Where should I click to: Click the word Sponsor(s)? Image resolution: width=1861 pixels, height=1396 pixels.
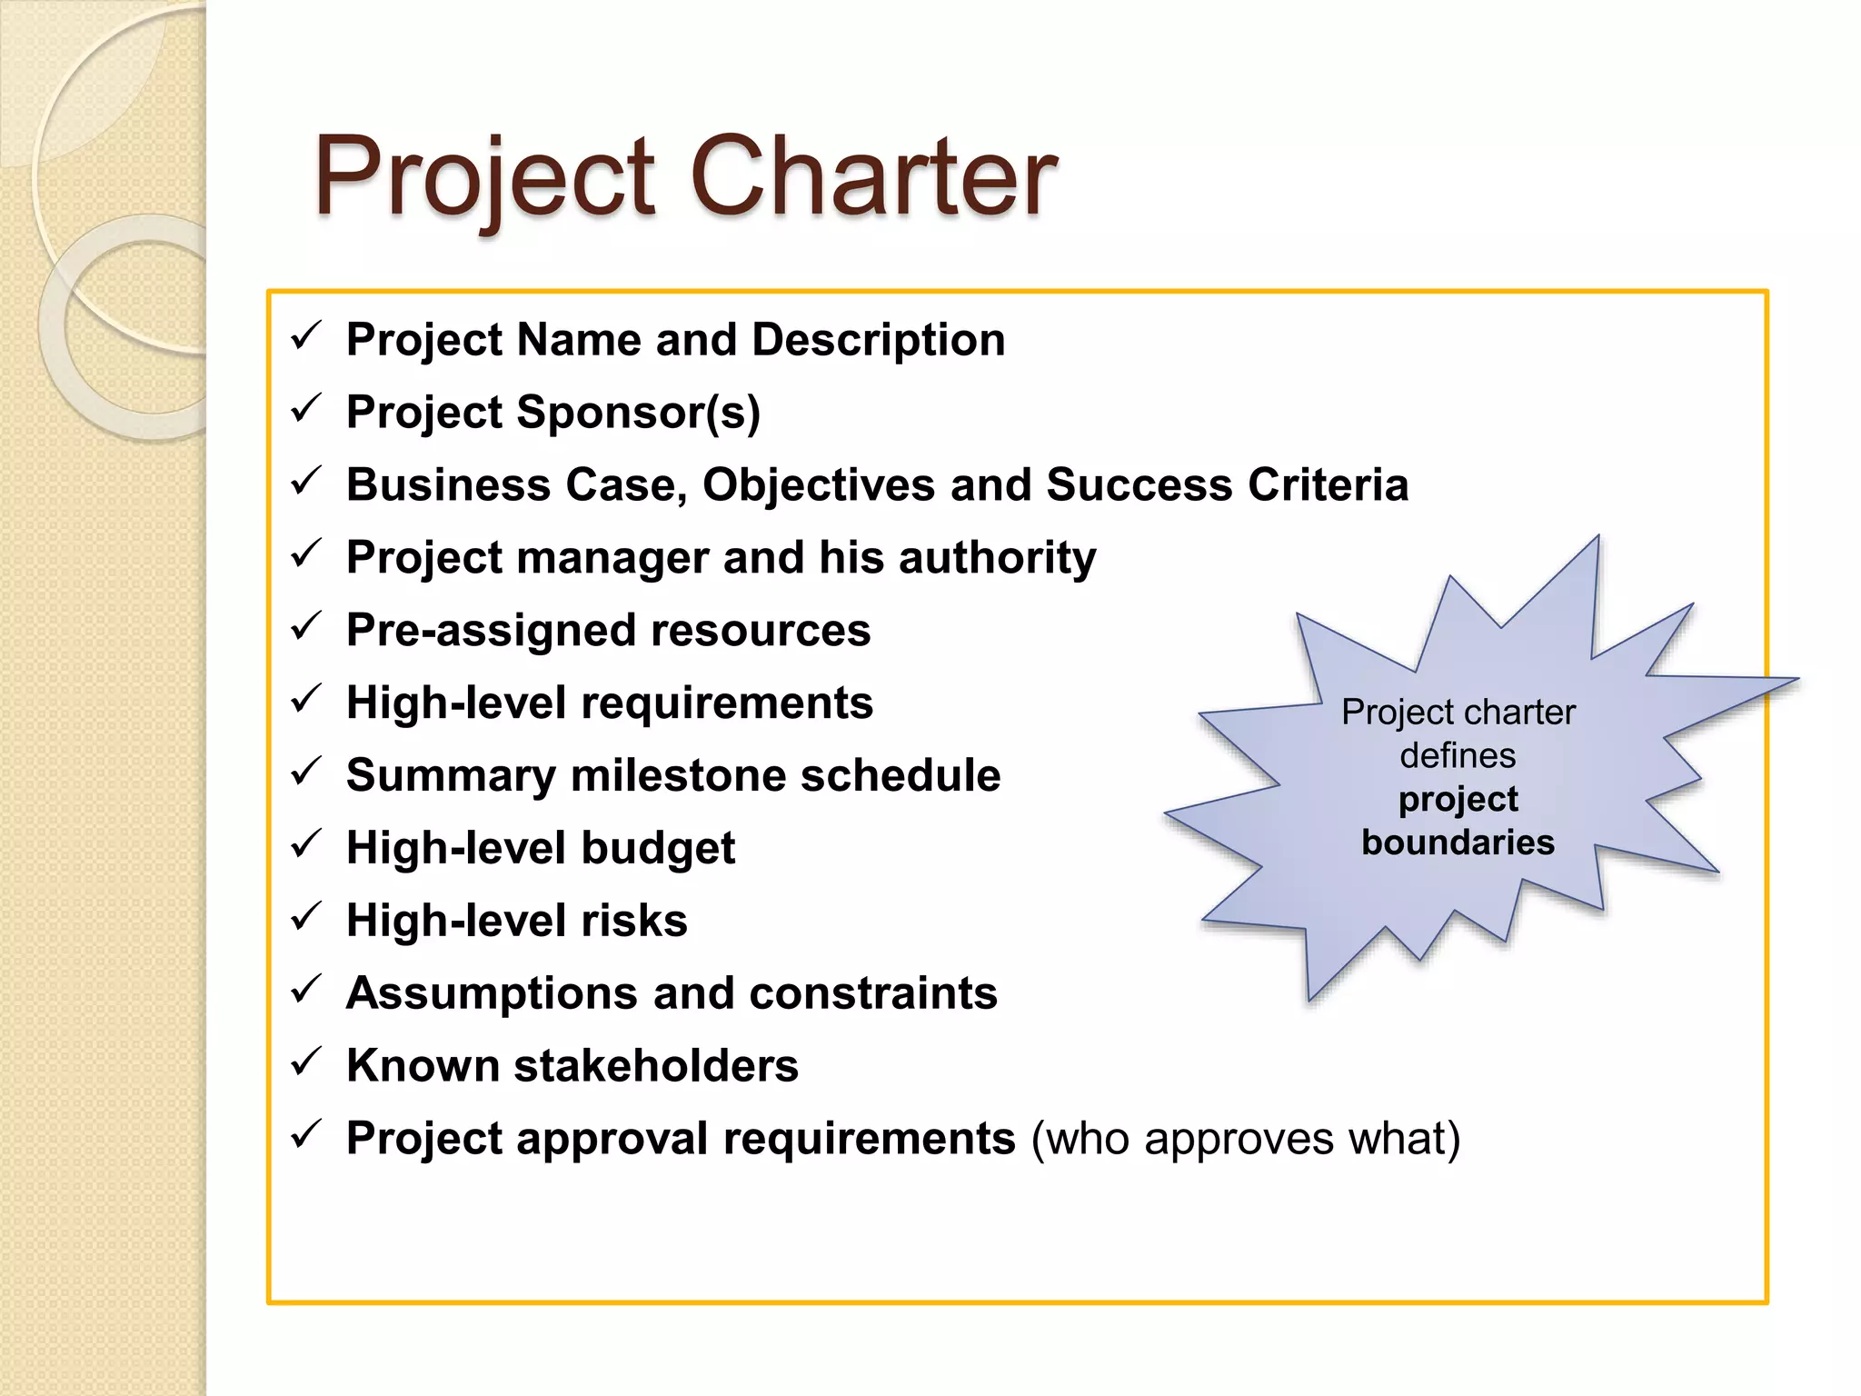point(638,413)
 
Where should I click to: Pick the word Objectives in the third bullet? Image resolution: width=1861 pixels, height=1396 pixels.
point(818,484)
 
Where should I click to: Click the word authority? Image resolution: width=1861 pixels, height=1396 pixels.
point(997,557)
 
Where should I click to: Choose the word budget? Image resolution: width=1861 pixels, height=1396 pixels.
point(657,848)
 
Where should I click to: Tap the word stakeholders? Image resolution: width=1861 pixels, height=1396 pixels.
point(655,1065)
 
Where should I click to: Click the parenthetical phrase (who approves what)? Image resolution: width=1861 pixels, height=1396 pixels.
point(1245,1138)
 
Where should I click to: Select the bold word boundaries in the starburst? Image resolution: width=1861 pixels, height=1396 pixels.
point(1458,843)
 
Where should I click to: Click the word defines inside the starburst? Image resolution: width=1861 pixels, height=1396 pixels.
point(1458,755)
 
